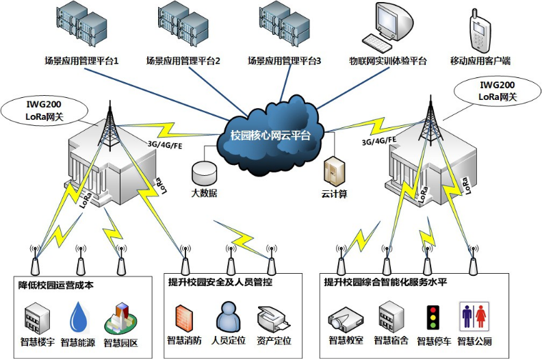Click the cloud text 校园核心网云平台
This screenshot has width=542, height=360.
(x=271, y=135)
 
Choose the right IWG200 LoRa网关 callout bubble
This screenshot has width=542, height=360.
(x=497, y=90)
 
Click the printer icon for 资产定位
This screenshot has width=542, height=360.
(x=272, y=318)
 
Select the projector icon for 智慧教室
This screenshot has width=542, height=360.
(x=341, y=319)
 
